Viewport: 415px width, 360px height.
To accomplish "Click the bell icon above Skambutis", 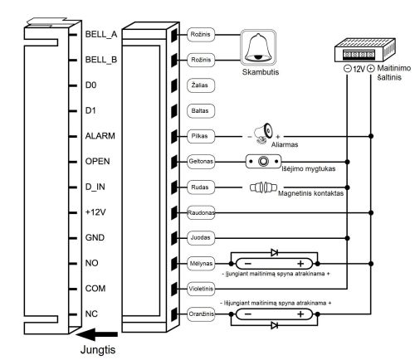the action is (258, 47).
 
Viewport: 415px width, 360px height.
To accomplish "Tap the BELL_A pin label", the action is (101, 34).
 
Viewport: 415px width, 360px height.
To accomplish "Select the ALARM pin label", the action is (100, 136).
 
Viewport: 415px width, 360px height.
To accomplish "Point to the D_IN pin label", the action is (95, 187).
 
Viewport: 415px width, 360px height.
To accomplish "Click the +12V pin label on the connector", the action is (95, 212).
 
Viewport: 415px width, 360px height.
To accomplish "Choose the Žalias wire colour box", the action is (201, 85).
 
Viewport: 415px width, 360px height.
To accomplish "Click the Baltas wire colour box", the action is (201, 111).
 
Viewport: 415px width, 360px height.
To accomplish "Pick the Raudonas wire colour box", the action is (201, 212).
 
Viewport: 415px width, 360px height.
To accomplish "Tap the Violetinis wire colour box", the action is (201, 289).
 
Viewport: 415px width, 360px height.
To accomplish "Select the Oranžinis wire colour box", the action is (201, 314).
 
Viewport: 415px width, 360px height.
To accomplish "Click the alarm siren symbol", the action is (264, 133).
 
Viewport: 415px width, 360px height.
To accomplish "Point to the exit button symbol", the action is (263, 162).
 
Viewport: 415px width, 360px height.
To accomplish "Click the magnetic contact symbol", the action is (263, 187).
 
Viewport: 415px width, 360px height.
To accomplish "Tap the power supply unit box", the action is (364, 50).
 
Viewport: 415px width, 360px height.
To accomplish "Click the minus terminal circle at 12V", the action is (348, 68).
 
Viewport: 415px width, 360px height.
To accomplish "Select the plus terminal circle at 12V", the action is (371, 68).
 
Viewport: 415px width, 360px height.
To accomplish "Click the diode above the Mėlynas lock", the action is (275, 252).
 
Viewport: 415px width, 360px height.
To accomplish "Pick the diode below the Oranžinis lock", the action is (275, 325).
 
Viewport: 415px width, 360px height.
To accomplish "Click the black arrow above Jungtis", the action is (97, 334).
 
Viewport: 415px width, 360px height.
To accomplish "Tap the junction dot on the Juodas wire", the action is (348, 238).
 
